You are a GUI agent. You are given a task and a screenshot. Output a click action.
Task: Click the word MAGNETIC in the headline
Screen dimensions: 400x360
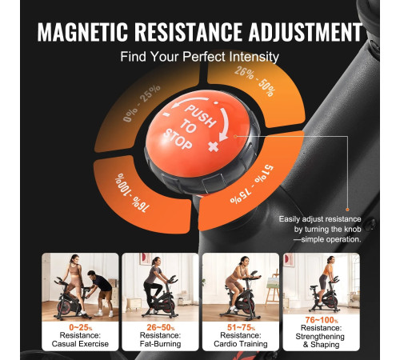tap(82, 32)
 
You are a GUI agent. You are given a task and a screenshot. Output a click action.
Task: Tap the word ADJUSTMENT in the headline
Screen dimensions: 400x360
tap(306, 32)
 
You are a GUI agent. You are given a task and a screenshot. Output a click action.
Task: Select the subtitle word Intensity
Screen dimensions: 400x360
tap(254, 57)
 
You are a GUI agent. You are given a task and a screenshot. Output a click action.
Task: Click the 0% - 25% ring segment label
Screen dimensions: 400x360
tap(142, 103)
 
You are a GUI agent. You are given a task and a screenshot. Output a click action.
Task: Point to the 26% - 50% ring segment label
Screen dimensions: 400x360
tap(255, 82)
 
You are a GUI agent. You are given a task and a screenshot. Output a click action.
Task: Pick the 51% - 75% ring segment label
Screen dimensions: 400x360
tap(252, 185)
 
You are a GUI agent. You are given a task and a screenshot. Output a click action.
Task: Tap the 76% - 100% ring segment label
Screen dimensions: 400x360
tap(132, 193)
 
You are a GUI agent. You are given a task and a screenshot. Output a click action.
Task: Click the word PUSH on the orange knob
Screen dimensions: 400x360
tap(201, 116)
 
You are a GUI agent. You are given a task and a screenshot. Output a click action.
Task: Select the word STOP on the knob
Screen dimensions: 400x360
tap(178, 139)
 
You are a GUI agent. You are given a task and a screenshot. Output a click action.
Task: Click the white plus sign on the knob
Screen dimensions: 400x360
tap(214, 146)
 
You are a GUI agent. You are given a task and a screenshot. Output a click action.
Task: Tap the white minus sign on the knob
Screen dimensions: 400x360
tap(166, 114)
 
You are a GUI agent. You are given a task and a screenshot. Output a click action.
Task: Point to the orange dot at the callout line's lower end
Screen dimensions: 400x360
tap(347, 210)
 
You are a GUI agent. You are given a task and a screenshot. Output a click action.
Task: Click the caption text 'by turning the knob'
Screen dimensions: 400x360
tap(328, 230)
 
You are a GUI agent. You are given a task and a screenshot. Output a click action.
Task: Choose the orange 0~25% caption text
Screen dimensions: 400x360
tap(81, 327)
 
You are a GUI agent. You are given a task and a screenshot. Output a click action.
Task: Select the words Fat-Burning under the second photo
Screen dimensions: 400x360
tap(160, 344)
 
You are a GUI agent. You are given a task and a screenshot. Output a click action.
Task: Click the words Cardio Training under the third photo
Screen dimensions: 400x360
tap(241, 344)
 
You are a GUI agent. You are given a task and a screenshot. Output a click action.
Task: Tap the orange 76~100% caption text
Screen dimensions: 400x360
tap(322, 320)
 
